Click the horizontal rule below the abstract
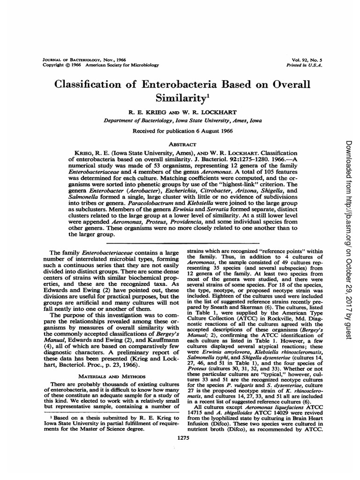tap(183, 243)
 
